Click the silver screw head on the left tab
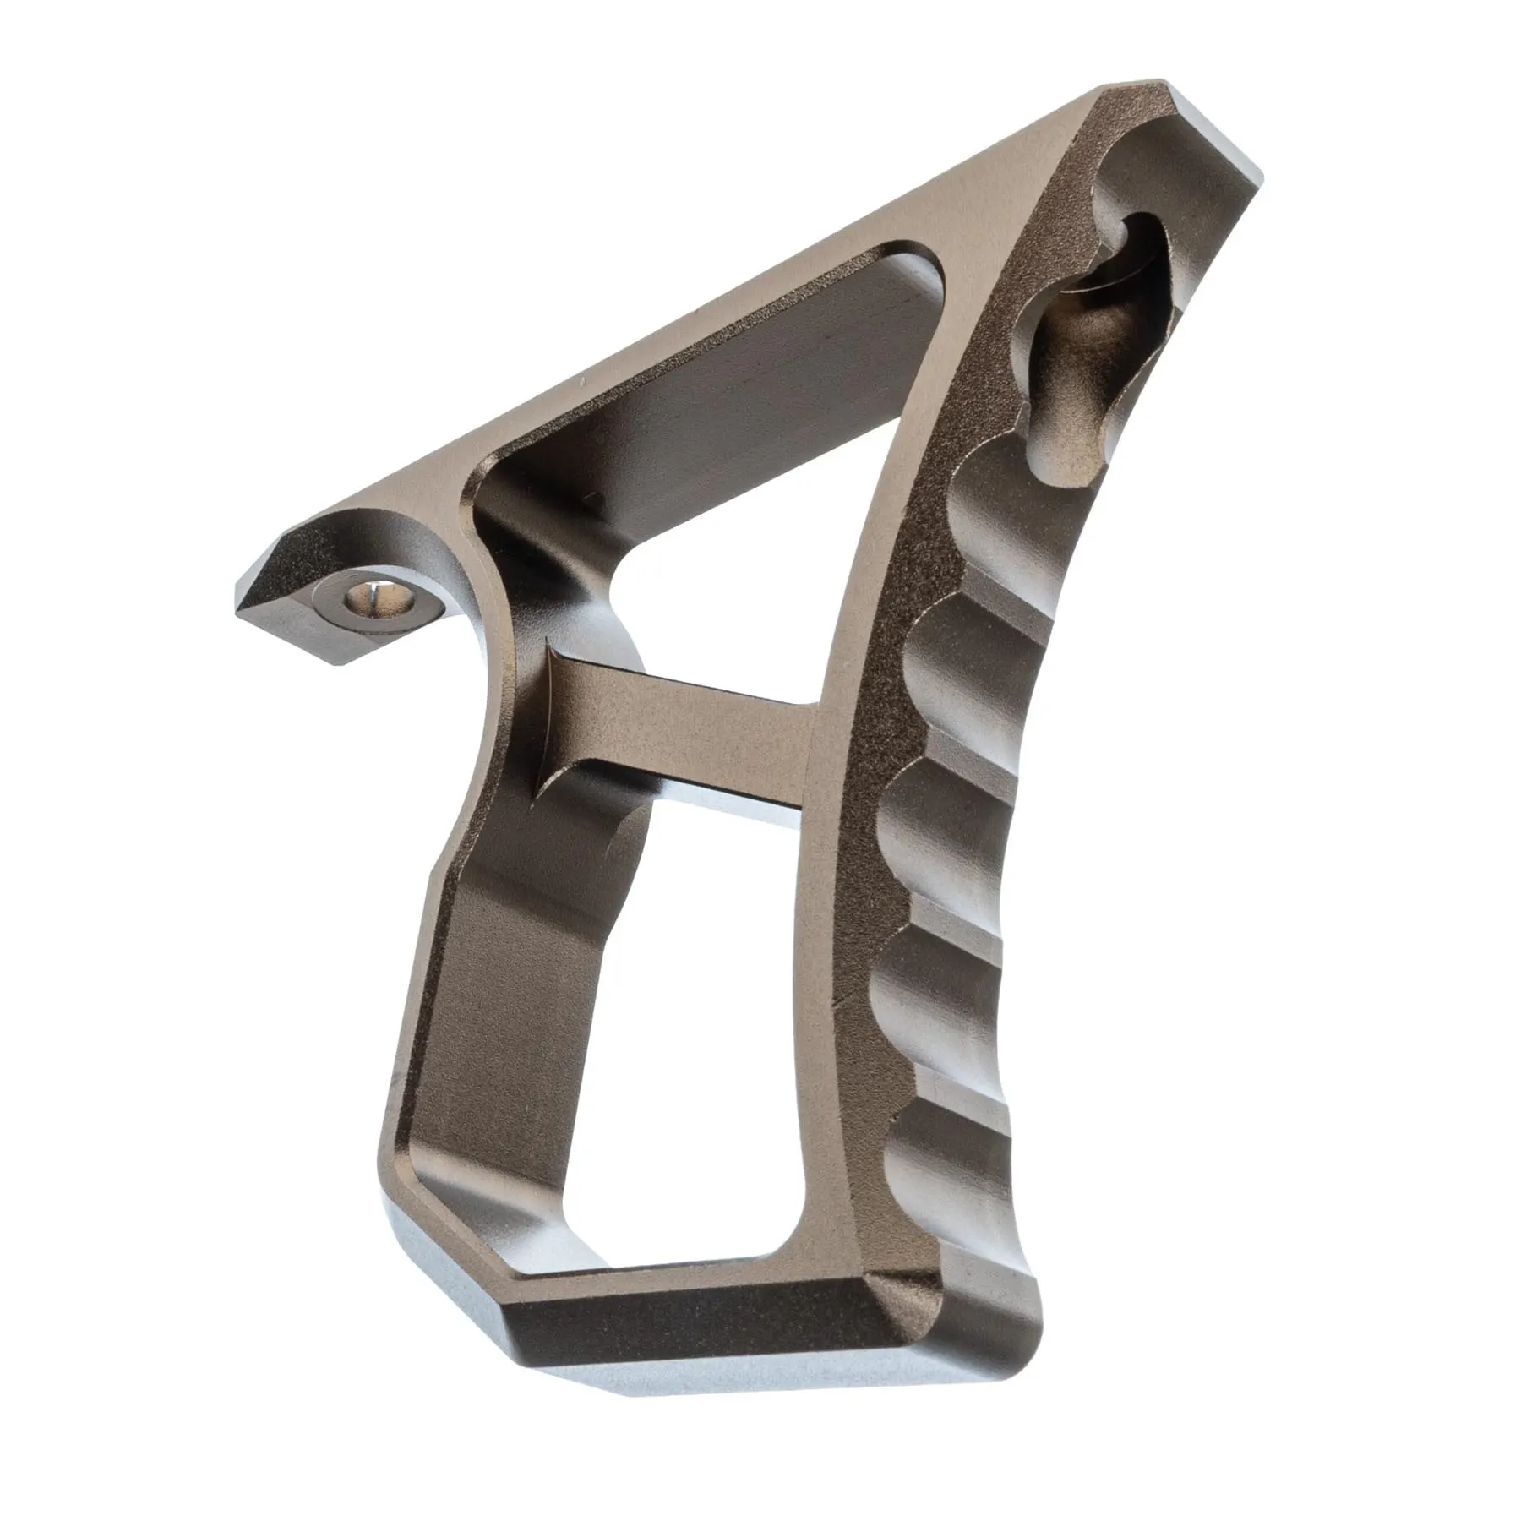368,601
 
